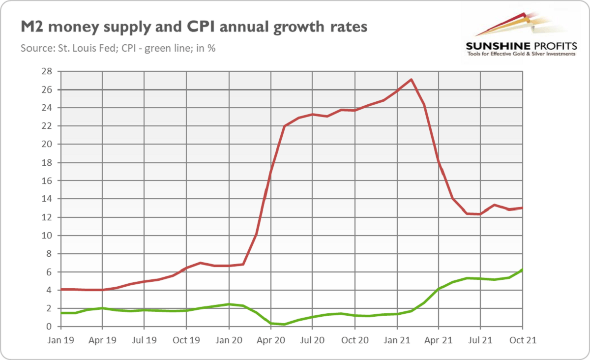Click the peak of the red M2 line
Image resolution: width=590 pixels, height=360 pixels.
click(411, 80)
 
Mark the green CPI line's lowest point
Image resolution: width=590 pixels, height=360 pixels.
click(284, 324)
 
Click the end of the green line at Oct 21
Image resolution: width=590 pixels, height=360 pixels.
click(522, 270)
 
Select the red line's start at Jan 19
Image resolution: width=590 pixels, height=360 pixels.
click(60, 289)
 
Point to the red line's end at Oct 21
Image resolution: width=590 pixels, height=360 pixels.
click(522, 208)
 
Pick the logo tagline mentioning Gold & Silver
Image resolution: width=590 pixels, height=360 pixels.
click(521, 54)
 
